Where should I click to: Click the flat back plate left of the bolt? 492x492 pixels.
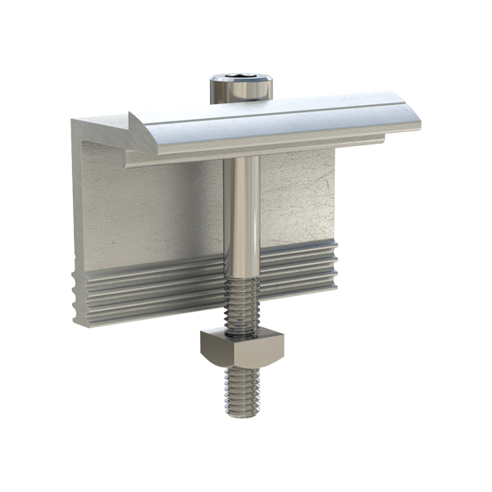point(156,213)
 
